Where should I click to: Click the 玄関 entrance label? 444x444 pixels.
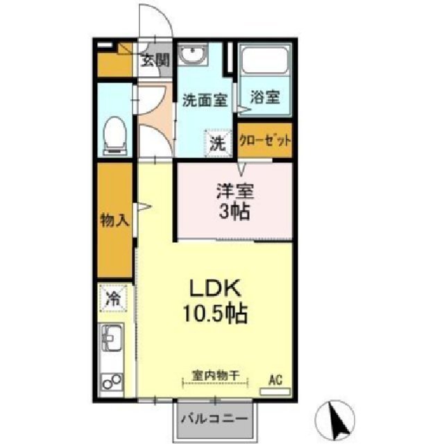[155, 60]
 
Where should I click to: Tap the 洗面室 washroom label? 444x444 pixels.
[204, 100]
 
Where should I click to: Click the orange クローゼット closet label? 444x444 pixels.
[264, 140]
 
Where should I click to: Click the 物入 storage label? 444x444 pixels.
[114, 221]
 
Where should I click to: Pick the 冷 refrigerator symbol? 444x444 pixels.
[113, 300]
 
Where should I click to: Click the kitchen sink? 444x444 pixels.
[112, 339]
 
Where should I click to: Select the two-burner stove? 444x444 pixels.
[112, 381]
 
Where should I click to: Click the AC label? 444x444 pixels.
[275, 379]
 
